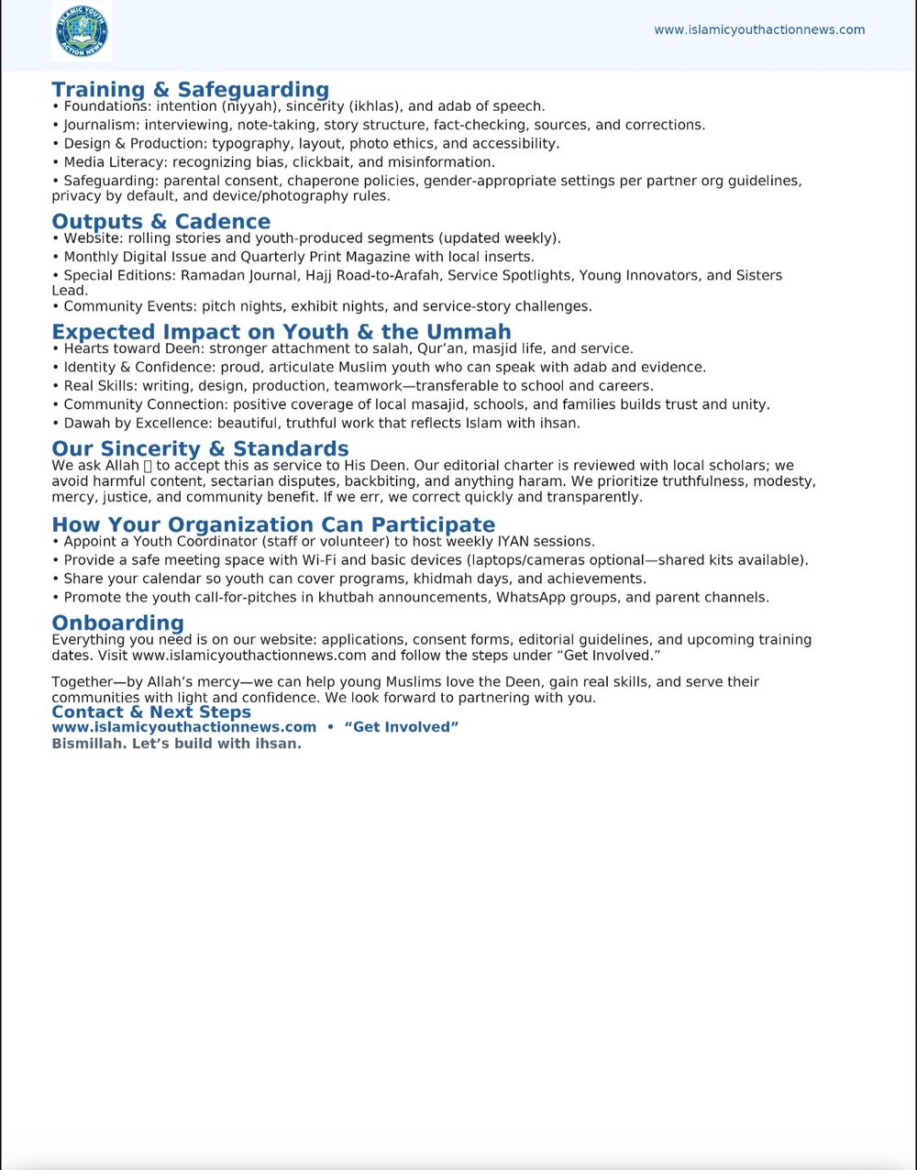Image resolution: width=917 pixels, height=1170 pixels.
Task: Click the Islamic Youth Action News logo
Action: click(x=83, y=31)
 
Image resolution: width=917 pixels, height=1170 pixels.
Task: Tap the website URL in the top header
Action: click(x=759, y=29)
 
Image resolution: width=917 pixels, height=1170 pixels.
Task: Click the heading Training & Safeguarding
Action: click(x=190, y=89)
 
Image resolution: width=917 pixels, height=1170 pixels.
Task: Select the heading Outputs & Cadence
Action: click(x=160, y=221)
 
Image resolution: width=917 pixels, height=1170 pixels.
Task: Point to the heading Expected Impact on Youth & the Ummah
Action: click(x=281, y=331)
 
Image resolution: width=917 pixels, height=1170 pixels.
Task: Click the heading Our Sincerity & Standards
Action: click(x=200, y=448)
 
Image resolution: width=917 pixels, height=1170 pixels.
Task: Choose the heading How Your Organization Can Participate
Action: click(x=273, y=524)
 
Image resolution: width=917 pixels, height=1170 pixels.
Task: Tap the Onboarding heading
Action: click(x=117, y=624)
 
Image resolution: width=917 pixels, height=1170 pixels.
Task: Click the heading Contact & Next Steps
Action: click(x=151, y=712)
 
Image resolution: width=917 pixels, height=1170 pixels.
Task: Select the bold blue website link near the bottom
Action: click(x=183, y=727)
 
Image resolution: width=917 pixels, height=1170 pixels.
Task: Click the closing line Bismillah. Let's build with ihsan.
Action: click(x=176, y=744)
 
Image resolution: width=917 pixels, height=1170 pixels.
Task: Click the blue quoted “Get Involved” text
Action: click(x=402, y=727)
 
